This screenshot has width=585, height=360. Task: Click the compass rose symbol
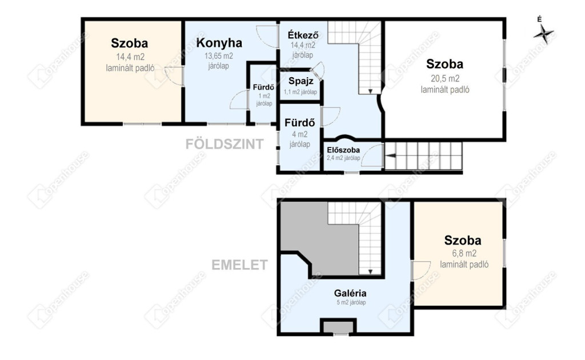543,34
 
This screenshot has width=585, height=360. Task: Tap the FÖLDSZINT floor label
225,144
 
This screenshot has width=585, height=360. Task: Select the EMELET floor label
239,265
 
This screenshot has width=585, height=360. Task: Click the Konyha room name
219,43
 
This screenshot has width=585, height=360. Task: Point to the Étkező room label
303,35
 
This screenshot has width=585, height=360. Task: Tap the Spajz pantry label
300,81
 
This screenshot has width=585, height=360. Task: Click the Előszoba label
343,150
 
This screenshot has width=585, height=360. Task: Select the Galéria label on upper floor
350,293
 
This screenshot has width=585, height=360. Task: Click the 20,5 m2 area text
445,79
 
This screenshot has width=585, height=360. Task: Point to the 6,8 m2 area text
464,253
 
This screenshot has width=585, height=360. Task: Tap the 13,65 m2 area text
219,56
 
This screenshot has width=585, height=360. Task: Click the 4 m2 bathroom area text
299,134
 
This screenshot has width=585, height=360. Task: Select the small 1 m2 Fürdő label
263,87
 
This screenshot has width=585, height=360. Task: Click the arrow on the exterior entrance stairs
390,155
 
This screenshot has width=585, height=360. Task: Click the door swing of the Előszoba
371,155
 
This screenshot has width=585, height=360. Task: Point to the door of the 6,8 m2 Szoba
420,270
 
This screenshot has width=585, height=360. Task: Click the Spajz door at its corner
318,71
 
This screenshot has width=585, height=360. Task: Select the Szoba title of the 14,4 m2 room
130,43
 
